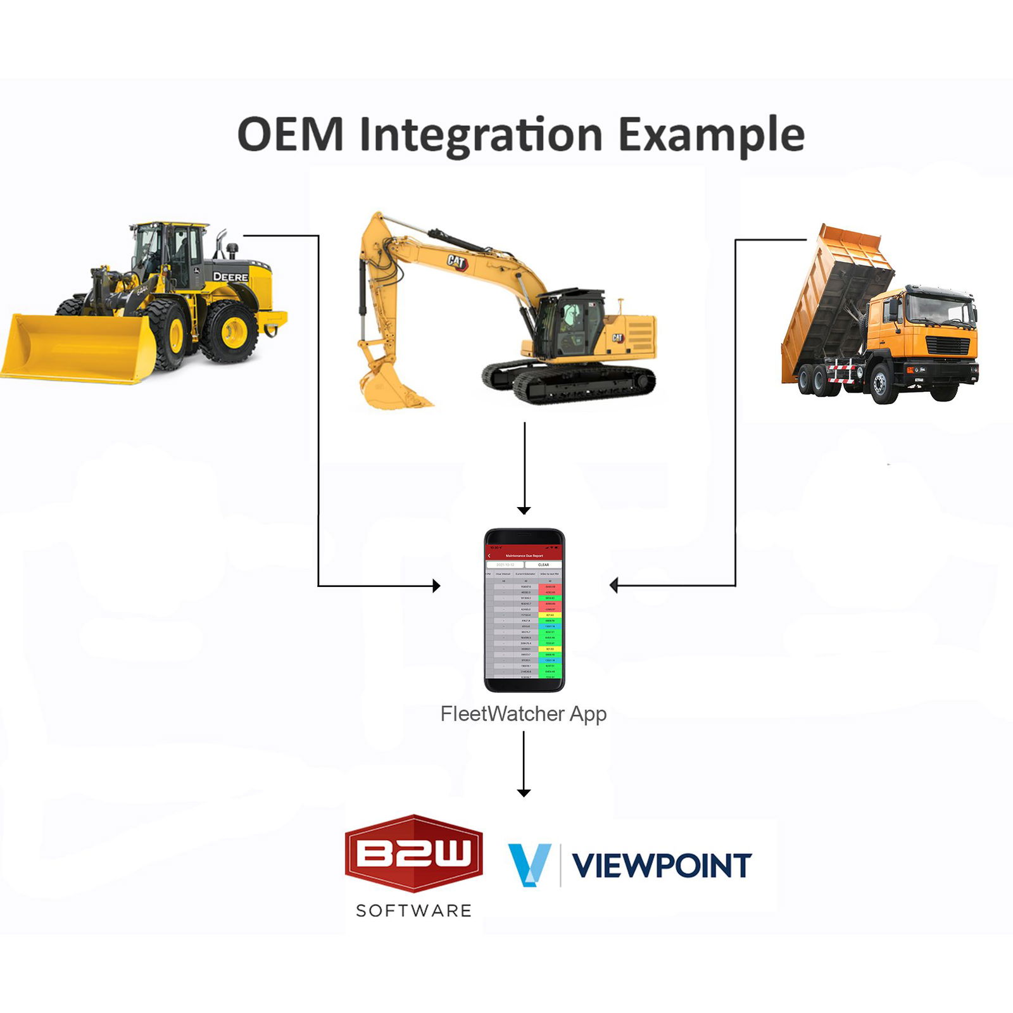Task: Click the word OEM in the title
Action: [x=291, y=134]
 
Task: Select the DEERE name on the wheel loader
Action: [x=230, y=277]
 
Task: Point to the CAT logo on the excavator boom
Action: [x=456, y=261]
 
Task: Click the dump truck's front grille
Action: [x=948, y=346]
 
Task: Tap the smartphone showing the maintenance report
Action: [x=524, y=610]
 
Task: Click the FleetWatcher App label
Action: [x=524, y=714]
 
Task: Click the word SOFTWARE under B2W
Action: [x=413, y=910]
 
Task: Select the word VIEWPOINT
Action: [x=662, y=865]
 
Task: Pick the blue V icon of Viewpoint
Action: [x=529, y=864]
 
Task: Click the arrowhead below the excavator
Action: [x=524, y=510]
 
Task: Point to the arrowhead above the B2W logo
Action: [x=524, y=792]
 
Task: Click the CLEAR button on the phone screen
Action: [x=543, y=564]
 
